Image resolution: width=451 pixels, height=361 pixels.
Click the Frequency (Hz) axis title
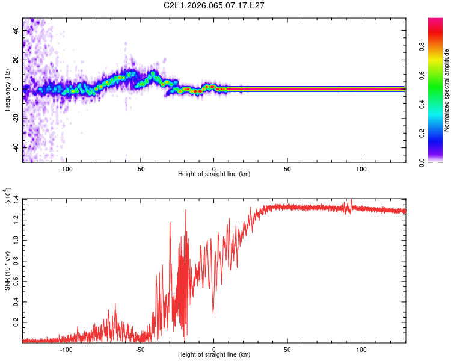click(x=7, y=90)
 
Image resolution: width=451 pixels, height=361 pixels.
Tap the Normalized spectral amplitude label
click(x=447, y=90)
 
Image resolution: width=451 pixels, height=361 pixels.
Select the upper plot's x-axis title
click(x=214, y=174)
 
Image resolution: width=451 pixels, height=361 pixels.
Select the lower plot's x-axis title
click(x=214, y=354)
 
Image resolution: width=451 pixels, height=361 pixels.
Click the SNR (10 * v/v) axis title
click(x=7, y=271)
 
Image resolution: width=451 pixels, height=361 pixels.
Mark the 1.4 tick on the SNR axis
click(x=16, y=199)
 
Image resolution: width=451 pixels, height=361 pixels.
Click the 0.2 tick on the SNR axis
click(x=16, y=323)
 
